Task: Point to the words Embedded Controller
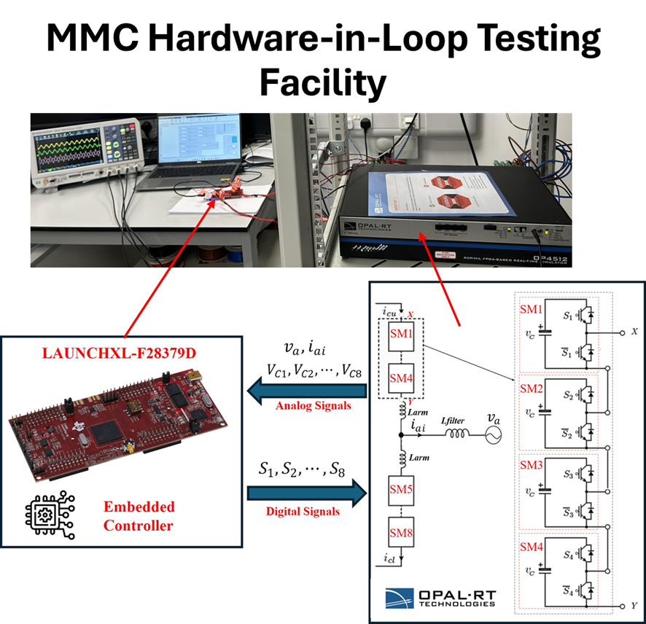pyautogui.click(x=139, y=515)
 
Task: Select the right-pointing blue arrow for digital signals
pyautogui.click(x=306, y=491)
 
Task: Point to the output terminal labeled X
pyautogui.click(x=623, y=332)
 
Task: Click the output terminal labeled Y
pyautogui.click(x=624, y=607)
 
